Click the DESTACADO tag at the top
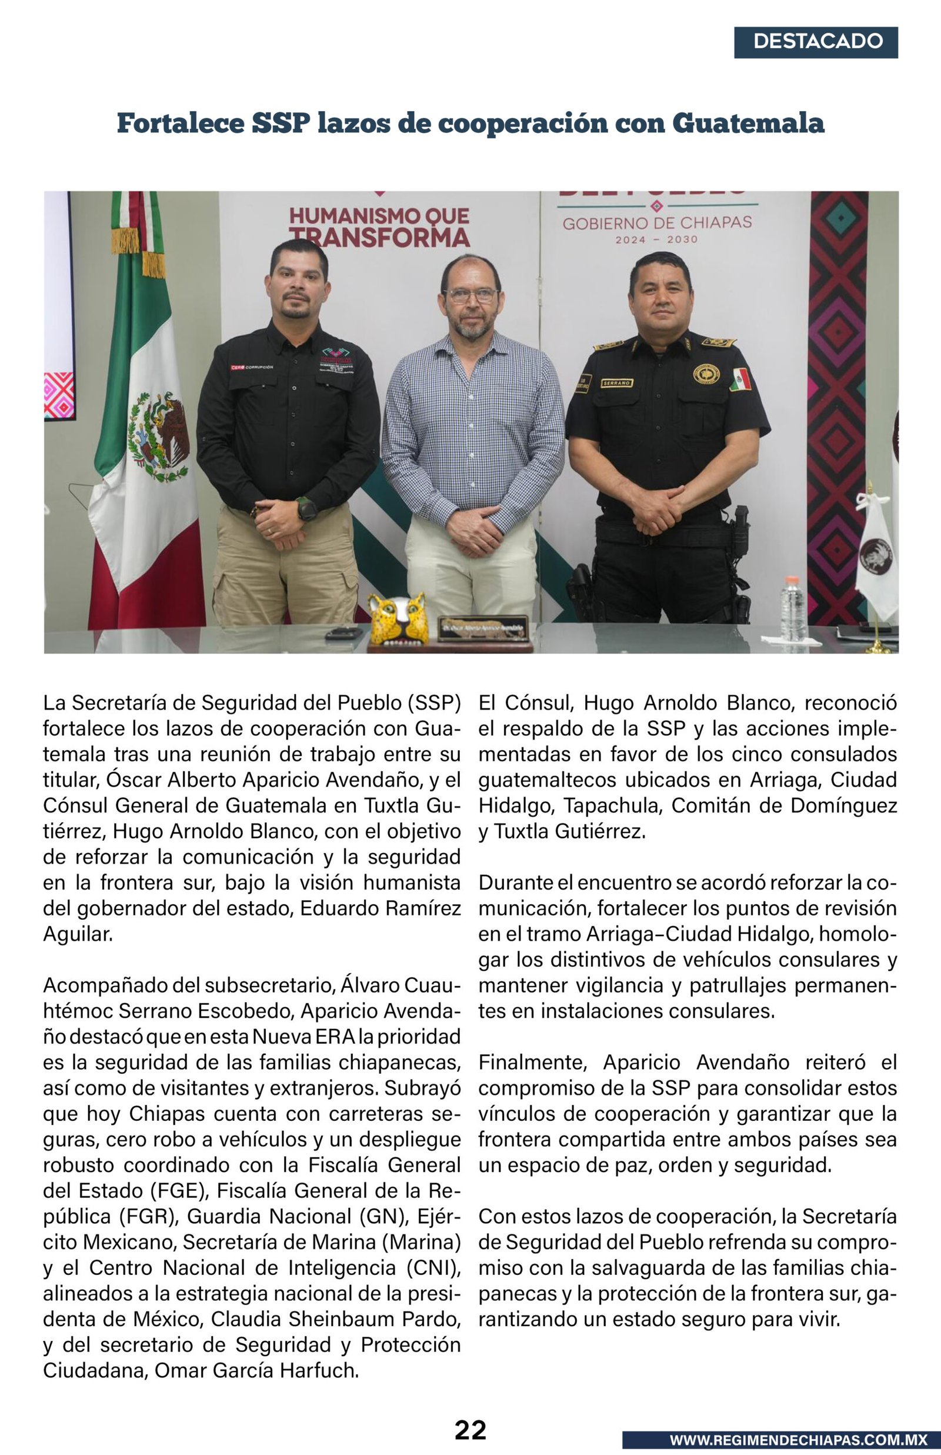point(816,42)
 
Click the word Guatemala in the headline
point(748,124)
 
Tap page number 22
point(470,1430)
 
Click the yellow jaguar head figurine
point(397,618)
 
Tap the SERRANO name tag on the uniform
point(616,383)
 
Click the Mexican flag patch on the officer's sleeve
point(740,379)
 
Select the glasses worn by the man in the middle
point(471,296)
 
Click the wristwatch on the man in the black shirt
point(306,508)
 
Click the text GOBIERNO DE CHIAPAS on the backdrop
point(657,223)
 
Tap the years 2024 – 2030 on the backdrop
point(656,239)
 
